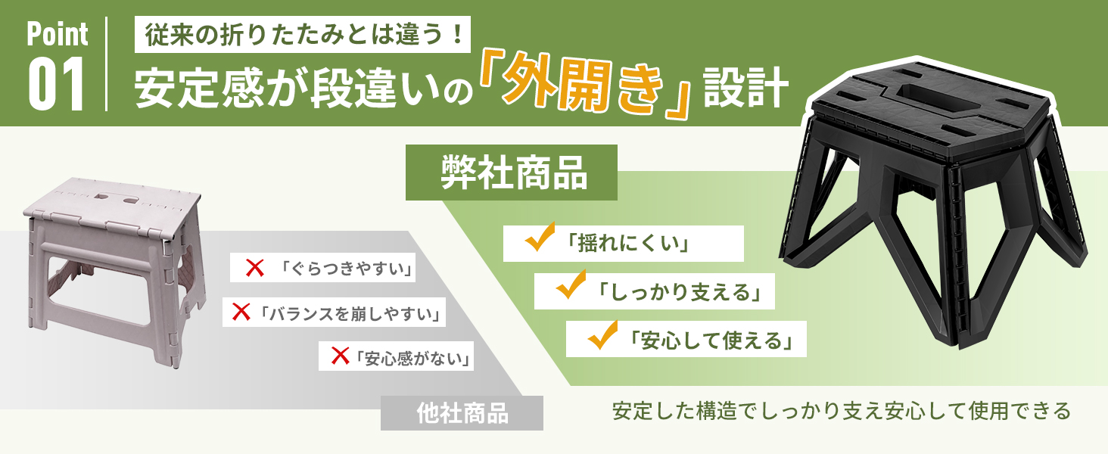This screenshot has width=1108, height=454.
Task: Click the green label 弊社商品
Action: (513, 173)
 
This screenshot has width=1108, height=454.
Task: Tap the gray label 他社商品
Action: (462, 413)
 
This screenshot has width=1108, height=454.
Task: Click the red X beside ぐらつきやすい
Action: (255, 268)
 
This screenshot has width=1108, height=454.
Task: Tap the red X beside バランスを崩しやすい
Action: (241, 310)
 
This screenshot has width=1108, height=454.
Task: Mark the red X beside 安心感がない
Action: (340, 353)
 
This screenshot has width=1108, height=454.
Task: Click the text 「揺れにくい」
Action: (626, 244)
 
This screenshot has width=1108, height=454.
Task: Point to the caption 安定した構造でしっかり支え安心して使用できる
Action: (842, 411)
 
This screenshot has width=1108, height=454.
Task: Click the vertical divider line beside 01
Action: (107, 64)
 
